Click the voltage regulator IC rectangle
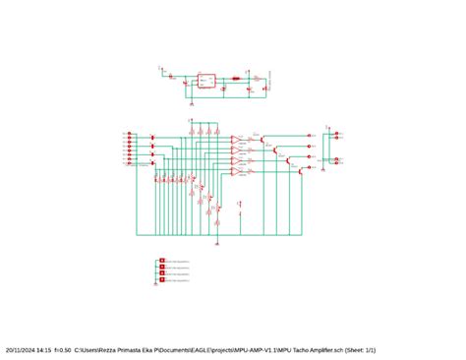coord(206,81)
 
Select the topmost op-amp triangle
coord(236,140)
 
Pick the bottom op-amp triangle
coord(236,172)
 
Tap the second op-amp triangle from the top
coord(236,150)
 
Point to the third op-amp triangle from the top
coord(236,161)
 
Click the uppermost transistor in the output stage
coord(267,141)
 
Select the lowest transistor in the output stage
coord(301,169)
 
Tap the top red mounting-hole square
coord(161,261)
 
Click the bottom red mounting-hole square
coord(161,281)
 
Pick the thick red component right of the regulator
coord(237,79)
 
